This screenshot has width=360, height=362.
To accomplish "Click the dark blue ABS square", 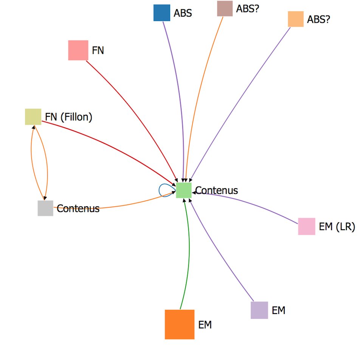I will (161, 13).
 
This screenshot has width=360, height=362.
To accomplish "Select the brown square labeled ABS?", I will (225, 9).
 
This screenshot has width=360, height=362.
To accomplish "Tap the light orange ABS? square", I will (296, 19).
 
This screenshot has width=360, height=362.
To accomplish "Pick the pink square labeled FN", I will (78, 50).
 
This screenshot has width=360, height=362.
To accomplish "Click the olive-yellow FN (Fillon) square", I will (33, 116).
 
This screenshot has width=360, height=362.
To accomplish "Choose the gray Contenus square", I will (45, 208).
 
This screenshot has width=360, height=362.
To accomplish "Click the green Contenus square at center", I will (184, 190).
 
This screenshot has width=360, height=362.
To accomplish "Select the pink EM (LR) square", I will (306, 226).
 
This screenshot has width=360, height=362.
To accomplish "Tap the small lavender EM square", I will (259, 310).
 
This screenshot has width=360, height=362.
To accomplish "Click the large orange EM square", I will (180, 324).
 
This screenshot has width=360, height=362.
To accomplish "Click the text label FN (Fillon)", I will (68, 117).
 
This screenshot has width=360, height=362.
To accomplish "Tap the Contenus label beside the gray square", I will (78, 209).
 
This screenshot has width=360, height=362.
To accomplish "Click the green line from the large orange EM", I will (188, 257).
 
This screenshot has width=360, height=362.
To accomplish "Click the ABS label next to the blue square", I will (183, 13).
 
